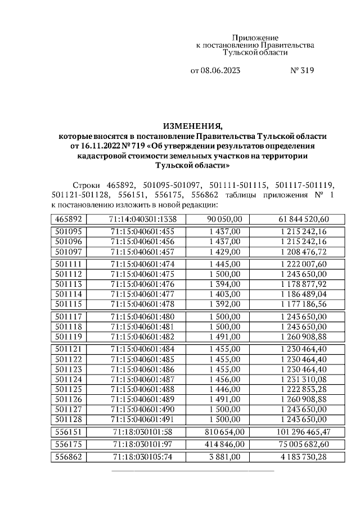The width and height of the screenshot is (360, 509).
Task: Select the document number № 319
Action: tap(301, 71)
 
